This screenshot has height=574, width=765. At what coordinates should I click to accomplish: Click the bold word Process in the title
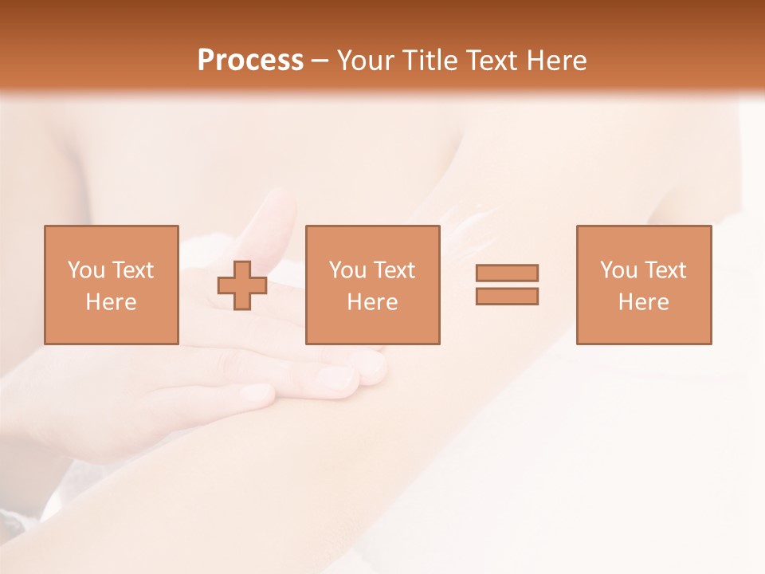250,61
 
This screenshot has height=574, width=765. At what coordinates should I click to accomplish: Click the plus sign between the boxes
242,285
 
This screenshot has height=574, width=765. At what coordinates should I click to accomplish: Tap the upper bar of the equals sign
507,273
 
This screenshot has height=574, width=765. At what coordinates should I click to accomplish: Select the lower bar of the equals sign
507,296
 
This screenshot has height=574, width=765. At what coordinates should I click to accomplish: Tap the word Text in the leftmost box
132,270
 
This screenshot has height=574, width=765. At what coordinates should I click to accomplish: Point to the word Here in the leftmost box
111,302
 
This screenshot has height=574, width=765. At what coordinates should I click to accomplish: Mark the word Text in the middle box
394,270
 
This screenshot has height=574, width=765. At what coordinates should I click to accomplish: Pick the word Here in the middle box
372,302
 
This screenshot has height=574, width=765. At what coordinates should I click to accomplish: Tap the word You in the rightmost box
618,270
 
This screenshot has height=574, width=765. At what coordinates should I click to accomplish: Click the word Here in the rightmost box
643,302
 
